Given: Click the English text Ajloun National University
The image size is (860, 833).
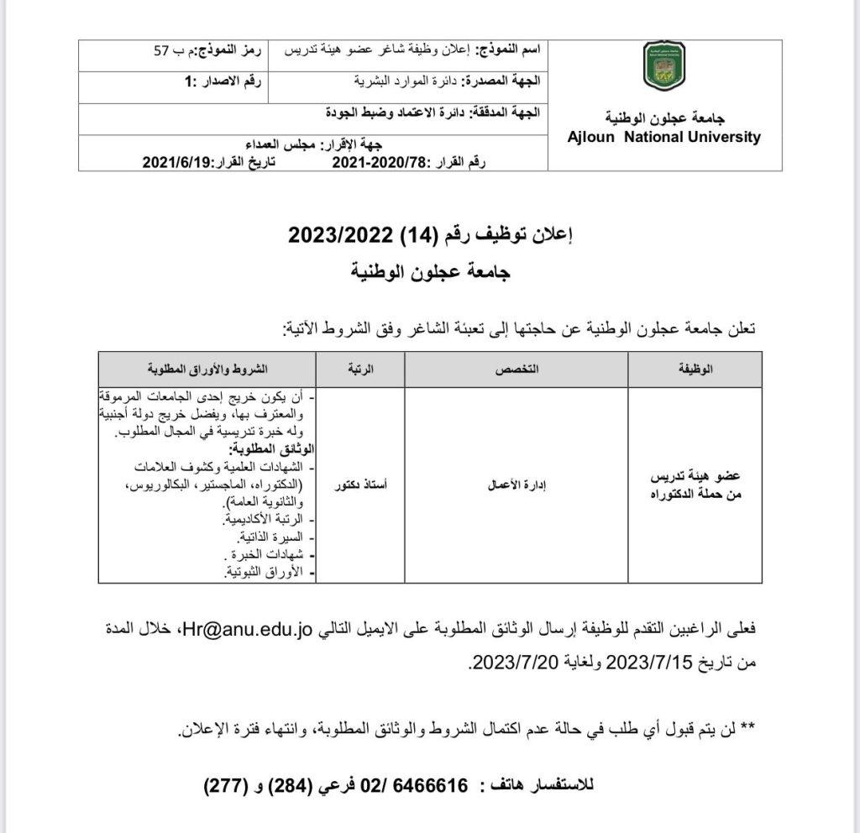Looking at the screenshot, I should click(663, 137).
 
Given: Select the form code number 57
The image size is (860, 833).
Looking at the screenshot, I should click(162, 50).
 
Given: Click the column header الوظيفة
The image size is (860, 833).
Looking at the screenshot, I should click(695, 369).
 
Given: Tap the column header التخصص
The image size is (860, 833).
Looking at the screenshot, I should click(517, 369).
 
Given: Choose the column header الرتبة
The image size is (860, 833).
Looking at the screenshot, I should click(360, 369).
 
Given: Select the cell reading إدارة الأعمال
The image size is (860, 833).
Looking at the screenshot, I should click(517, 485).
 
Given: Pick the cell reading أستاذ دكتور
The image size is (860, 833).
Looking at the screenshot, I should click(360, 485).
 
